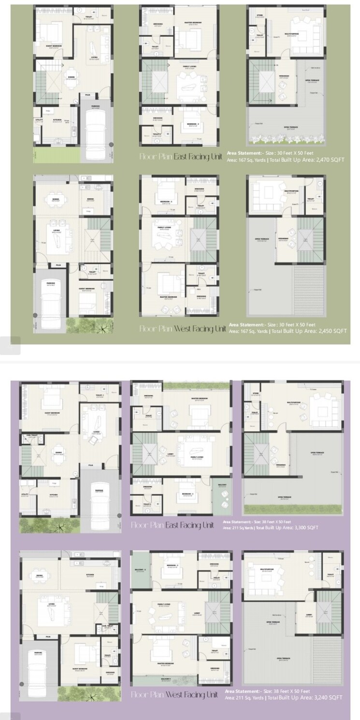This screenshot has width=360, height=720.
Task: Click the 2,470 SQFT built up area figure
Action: click(330, 159)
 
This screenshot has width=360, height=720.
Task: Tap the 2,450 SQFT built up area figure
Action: click(333, 331)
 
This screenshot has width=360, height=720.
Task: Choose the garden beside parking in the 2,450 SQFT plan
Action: click(90, 327)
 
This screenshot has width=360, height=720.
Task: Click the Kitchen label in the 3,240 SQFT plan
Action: click(90, 575)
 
